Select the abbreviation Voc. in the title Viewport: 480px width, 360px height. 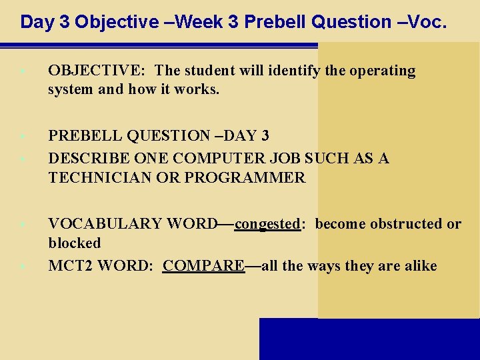click(x=425, y=22)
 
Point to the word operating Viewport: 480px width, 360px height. click(x=381, y=71)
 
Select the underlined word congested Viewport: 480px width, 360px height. click(x=267, y=224)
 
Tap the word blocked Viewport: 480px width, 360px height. click(x=74, y=243)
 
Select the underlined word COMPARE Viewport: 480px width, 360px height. click(x=203, y=266)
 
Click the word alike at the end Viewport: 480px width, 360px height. click(x=419, y=266)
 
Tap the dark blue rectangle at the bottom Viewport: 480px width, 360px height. click(x=369, y=339)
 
